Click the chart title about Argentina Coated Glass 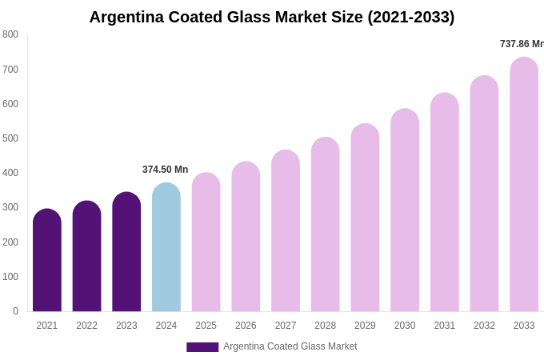(272, 17)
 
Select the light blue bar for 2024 (166, 248)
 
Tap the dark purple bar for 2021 (47, 261)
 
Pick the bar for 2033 (524, 185)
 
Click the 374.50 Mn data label (165, 170)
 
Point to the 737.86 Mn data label (521, 44)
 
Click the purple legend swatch (202, 347)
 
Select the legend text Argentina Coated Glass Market (290, 346)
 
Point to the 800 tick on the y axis (10, 34)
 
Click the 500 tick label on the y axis (10, 138)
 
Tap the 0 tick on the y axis (15, 311)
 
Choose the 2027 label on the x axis (286, 326)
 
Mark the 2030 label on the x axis (405, 326)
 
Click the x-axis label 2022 (87, 326)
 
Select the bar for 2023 (126, 252)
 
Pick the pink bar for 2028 (326, 225)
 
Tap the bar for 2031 (445, 202)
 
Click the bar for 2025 (206, 242)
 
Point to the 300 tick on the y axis (10, 207)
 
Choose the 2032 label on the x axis (484, 326)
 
